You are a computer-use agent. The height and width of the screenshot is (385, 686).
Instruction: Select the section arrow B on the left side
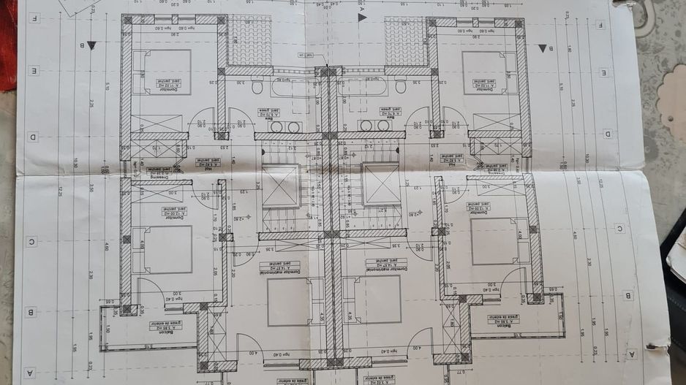click(91, 45)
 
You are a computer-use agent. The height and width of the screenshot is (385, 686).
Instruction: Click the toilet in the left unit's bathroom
click(257, 86)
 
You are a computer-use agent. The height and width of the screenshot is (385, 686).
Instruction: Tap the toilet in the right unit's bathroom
click(400, 86)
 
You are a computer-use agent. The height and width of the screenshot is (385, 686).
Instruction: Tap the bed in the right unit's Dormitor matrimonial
click(373, 300)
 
